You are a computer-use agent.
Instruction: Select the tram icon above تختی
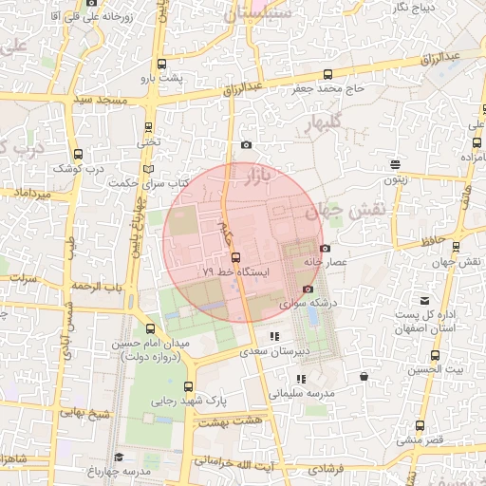tap(148, 127)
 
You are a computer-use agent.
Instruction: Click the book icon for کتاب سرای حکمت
tap(146, 169)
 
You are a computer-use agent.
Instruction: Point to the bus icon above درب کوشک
tap(78, 155)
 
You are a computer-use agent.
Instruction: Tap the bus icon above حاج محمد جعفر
tap(327, 75)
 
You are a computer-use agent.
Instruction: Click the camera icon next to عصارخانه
tap(326, 248)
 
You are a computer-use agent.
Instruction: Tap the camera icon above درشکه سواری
tap(307, 289)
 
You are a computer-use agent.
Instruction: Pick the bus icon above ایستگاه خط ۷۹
tap(235, 257)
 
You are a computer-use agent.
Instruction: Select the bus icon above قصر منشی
tap(420, 425)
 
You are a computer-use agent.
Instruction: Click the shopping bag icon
tap(364, 377)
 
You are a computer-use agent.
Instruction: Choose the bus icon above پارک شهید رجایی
tap(188, 386)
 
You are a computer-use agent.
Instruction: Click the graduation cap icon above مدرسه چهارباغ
tap(119, 458)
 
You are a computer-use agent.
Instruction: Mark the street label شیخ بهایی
tap(84, 412)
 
